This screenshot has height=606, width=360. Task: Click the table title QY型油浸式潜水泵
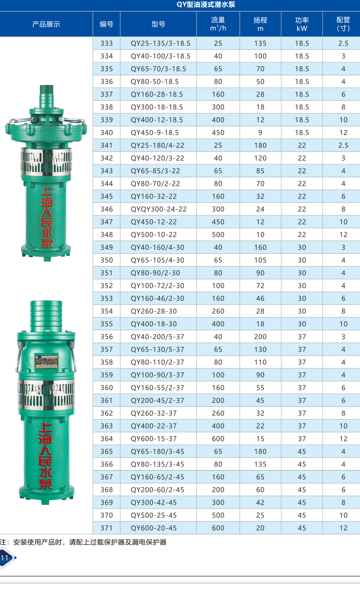[206, 5]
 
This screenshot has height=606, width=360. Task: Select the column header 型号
[158, 24]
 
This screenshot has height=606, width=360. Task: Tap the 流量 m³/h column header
[218, 24]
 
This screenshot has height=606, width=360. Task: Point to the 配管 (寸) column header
[343, 24]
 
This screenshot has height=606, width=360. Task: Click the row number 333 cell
[107, 43]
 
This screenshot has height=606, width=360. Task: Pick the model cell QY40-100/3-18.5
[160, 56]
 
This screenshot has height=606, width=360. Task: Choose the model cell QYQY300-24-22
[158, 209]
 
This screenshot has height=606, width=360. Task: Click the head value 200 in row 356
[260, 337]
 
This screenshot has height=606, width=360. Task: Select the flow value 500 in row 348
[218, 235]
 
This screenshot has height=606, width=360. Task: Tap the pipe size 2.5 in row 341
[343, 145]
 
